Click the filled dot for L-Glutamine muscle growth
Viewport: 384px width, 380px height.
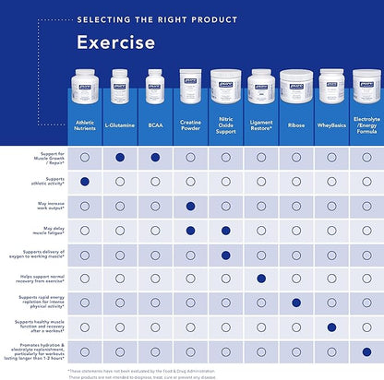click(120, 159)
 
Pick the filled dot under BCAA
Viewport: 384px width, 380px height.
click(155, 159)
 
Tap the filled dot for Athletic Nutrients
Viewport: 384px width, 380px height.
click(85, 183)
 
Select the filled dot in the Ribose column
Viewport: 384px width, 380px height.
click(296, 303)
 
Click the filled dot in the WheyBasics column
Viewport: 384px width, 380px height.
click(331, 327)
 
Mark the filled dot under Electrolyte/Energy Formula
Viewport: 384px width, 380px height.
click(366, 350)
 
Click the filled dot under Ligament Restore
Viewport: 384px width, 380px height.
click(261, 279)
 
